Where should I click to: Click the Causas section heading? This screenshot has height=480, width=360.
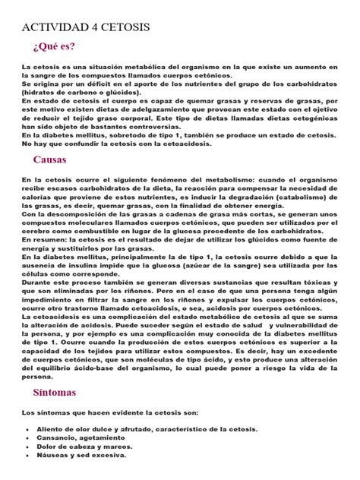(51, 160)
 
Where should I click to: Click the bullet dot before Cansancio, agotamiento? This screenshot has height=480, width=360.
(27, 438)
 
